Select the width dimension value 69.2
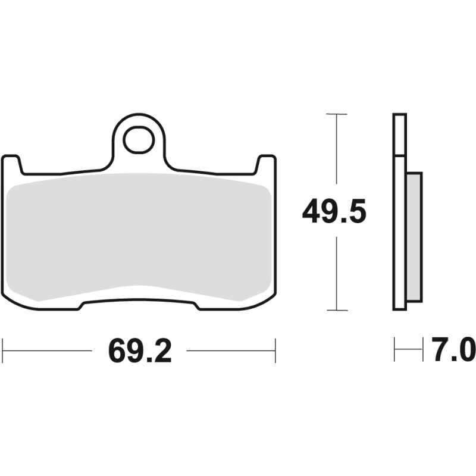coord(140,352)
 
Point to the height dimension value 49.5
coord(333,212)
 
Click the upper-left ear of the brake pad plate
coord(12,164)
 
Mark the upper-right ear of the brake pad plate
coord(266,164)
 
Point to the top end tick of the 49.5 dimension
coord(337,114)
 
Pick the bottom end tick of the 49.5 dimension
coord(337,310)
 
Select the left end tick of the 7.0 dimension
coord(394,350)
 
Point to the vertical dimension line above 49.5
coord(337,149)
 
